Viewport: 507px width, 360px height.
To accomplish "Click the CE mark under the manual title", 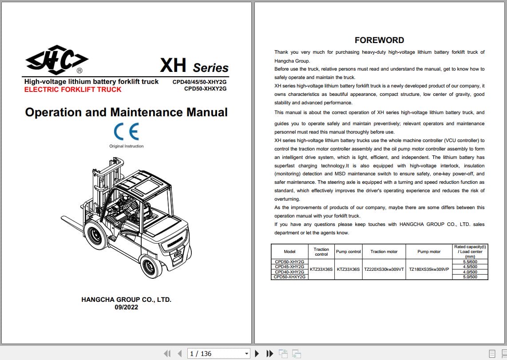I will coord(127,132).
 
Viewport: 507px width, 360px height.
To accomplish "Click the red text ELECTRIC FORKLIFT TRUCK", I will coord(73,90).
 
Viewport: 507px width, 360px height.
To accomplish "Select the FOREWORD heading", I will coord(379,40).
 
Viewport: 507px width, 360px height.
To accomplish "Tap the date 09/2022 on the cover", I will coord(126,307).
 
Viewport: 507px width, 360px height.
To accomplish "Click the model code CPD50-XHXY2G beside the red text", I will coord(205,89).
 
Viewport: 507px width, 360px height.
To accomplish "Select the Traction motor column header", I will coord(384,252).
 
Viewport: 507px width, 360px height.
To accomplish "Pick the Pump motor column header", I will coord(429,252).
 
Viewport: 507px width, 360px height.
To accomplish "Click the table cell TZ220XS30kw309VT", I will coord(384,269).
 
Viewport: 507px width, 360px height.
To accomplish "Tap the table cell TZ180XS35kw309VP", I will coord(429,269).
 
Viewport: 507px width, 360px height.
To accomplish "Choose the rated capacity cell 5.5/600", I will coord(470,262).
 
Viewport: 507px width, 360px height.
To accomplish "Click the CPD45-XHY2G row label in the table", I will coord(289,267).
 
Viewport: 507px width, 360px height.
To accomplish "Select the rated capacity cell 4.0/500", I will coord(470,272).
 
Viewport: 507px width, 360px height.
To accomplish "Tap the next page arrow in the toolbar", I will coord(257,353).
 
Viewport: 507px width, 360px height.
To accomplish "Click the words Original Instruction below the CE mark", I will coord(127,146).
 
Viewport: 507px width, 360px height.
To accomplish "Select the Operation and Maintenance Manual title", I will coord(127,112).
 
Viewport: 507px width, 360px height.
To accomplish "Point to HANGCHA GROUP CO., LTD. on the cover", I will coord(126,300).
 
